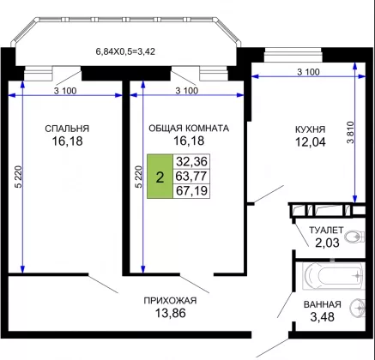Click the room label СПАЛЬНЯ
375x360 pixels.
pyautogui.click(x=67, y=129)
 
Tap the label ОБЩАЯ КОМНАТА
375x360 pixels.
pyautogui.click(x=189, y=129)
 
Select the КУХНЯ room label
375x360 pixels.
pyautogui.click(x=311, y=129)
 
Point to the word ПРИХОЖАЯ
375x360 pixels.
pyautogui.click(x=170, y=301)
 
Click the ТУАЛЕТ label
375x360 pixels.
pyautogui.click(x=326, y=230)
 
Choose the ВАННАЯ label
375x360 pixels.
pyautogui.click(x=323, y=304)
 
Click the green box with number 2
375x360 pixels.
pyautogui.click(x=160, y=177)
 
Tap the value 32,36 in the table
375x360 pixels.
pyautogui.click(x=191, y=162)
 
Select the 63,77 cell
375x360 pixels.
pyautogui.click(x=191, y=177)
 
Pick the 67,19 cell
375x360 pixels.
pyautogui.click(x=191, y=190)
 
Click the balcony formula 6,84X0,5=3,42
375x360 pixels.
pyautogui.click(x=125, y=51)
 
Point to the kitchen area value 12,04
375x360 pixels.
pyautogui.click(x=311, y=141)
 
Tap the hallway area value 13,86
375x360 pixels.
pyautogui.click(x=170, y=313)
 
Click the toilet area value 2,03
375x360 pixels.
pyautogui.click(x=327, y=243)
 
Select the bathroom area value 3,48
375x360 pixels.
pyautogui.click(x=323, y=317)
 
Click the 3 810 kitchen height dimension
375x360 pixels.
pyautogui.click(x=350, y=133)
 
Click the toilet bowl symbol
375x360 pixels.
pyautogui.click(x=354, y=237)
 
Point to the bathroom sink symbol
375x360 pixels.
pyautogui.click(x=358, y=308)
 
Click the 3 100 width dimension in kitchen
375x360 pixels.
pyautogui.click(x=308, y=72)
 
